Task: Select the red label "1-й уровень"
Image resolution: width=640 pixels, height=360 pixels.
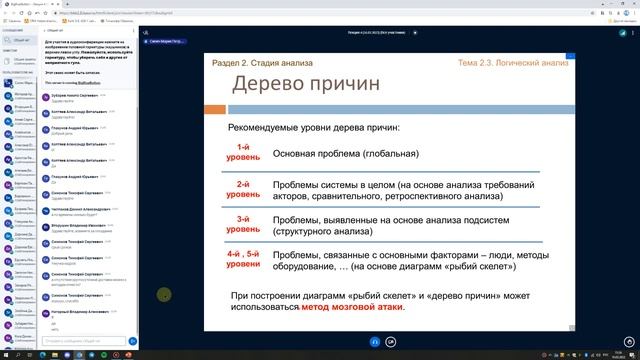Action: (x=242, y=153)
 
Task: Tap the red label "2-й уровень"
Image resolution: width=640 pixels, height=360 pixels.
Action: (x=242, y=189)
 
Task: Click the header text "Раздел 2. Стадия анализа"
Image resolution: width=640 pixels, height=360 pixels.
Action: (x=262, y=62)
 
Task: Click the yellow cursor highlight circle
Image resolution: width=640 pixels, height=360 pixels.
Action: (x=164, y=294)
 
